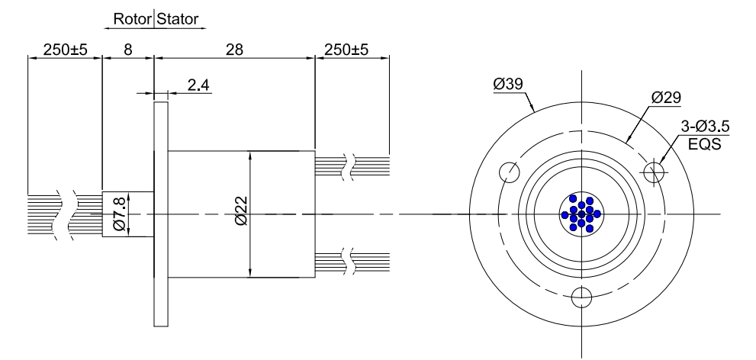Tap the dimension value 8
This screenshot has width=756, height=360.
127,50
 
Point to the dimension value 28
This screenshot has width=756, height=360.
234,50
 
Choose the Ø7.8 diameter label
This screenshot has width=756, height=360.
119,214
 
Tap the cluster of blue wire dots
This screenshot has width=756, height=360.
581,214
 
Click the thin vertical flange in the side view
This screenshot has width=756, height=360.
159,214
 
